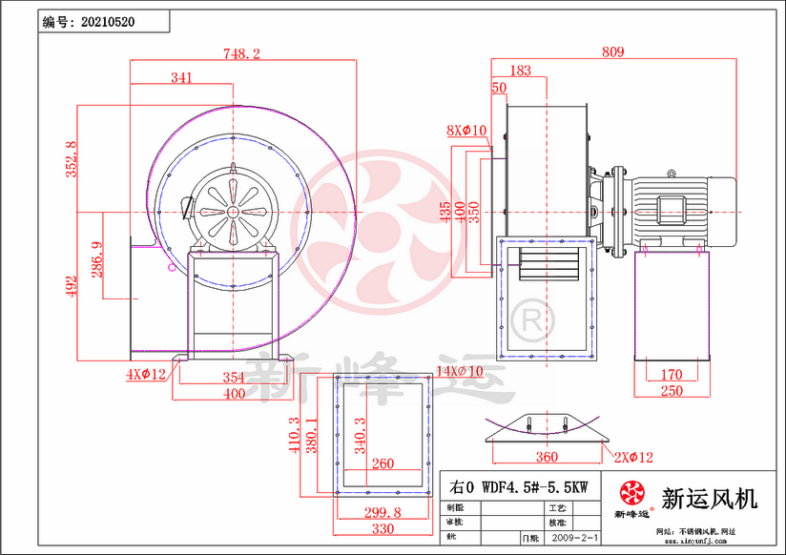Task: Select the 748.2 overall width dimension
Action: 242,54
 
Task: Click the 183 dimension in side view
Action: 522,71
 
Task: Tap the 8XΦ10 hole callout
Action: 466,130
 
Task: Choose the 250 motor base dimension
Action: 672,392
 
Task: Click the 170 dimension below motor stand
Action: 672,375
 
